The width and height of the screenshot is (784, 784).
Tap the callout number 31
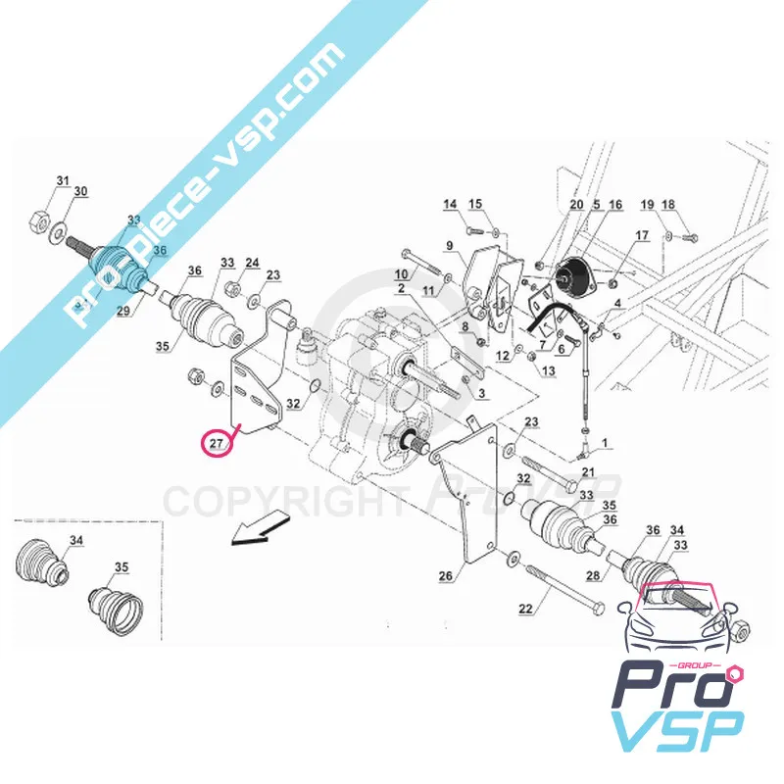[63, 181]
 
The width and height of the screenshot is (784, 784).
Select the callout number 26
[446, 576]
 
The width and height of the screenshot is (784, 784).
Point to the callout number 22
[526, 610]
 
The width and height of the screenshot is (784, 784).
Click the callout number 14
[450, 205]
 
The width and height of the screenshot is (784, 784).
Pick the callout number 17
[642, 235]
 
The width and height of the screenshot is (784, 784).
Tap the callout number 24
[252, 264]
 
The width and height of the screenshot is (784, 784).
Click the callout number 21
[588, 472]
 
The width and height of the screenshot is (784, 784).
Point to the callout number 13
[547, 371]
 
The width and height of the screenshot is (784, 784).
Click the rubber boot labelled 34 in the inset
[42, 566]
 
